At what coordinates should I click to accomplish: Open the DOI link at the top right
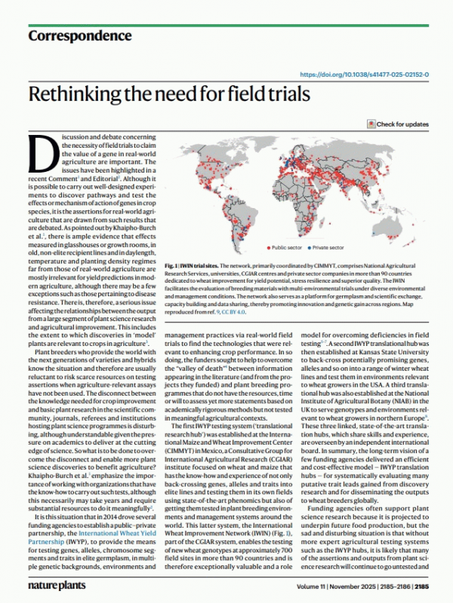point(365,75)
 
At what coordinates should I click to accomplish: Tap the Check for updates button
point(398,124)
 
